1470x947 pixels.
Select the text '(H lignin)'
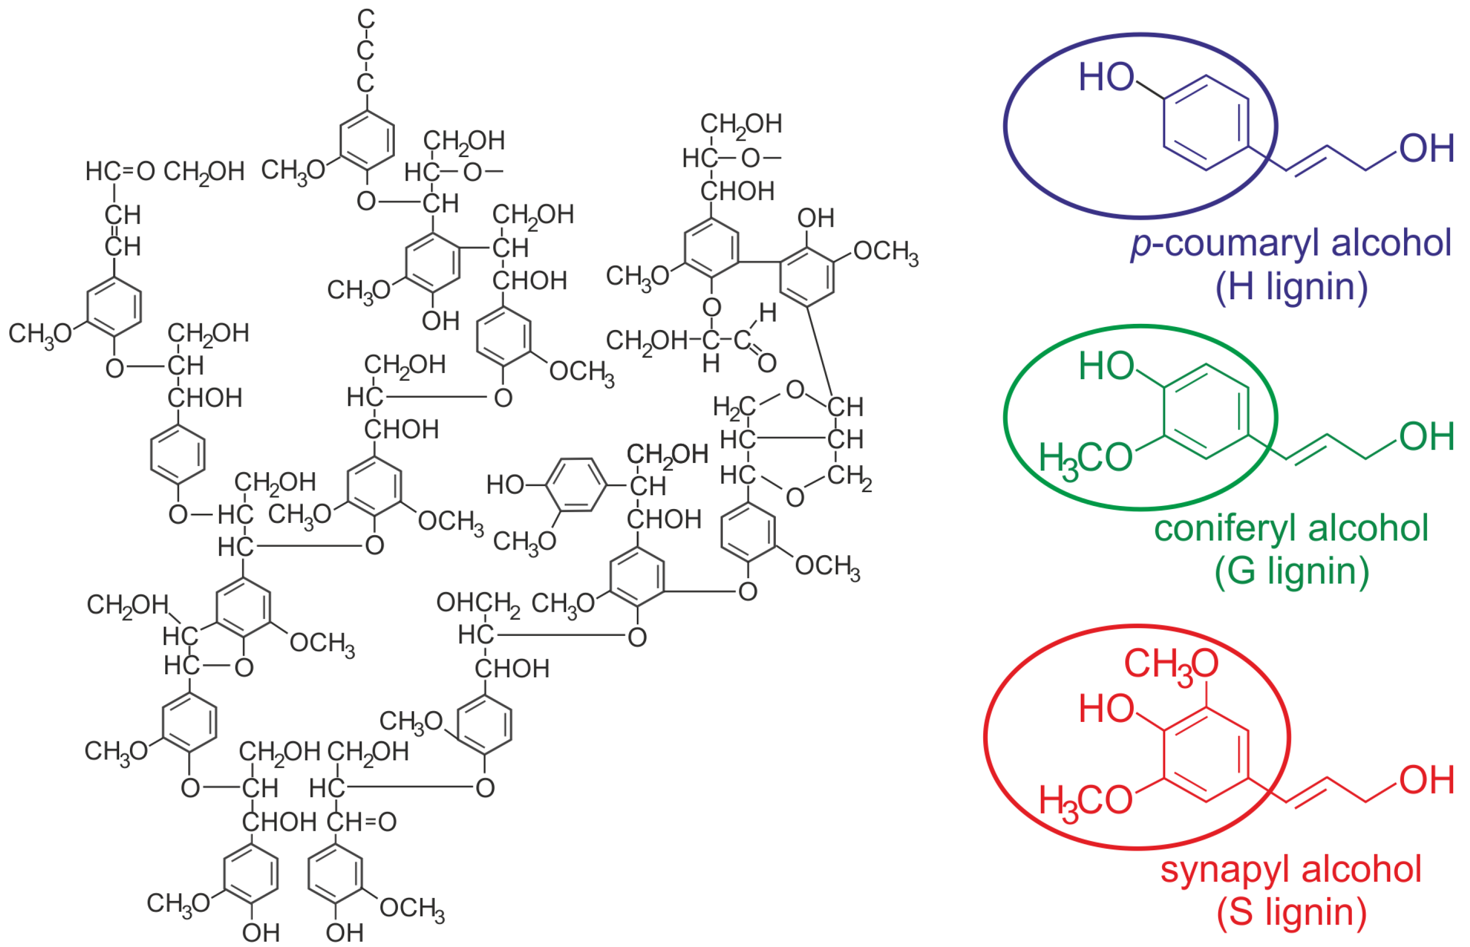coord(1291,287)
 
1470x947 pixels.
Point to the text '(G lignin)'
coord(1291,571)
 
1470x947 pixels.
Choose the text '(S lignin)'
coord(1291,912)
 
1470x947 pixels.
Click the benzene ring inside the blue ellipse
coord(1205,122)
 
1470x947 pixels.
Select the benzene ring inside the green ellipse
coord(1205,411)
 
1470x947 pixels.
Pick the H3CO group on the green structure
coord(1085,459)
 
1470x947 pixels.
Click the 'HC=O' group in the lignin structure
coord(120,171)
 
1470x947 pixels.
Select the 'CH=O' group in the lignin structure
coord(362,822)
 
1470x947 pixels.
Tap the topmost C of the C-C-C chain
coord(366,19)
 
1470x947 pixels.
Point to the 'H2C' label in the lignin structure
coord(733,407)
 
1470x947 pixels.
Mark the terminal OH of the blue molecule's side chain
coord(1427,149)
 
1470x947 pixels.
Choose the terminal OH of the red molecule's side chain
coord(1427,780)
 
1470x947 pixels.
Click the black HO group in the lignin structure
coord(505,485)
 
